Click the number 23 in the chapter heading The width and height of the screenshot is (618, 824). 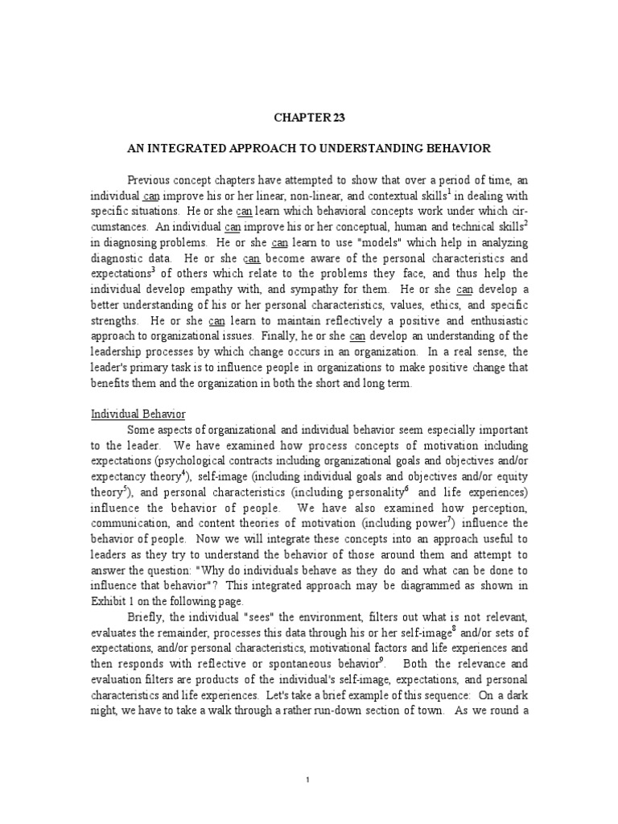(336, 117)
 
